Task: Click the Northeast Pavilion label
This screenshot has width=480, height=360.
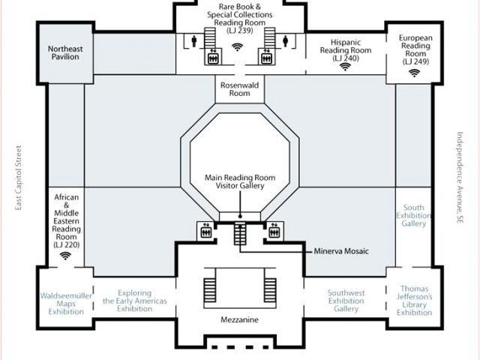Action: point(65,52)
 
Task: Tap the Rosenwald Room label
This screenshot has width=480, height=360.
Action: point(240,89)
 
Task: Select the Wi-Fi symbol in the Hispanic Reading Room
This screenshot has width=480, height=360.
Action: point(345,67)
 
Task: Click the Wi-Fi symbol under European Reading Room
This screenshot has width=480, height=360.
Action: point(415,73)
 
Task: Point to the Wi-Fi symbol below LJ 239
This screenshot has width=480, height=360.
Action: point(237,46)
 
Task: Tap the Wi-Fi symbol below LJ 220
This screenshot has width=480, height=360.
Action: point(65,256)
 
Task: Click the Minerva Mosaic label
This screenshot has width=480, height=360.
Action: point(341,251)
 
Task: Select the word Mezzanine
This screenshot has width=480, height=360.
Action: point(239,320)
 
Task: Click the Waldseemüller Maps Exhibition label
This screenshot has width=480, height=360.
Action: point(66,304)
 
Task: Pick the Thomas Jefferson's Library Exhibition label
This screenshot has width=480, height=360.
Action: point(415,301)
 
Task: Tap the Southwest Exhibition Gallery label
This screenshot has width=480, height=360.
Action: point(346,301)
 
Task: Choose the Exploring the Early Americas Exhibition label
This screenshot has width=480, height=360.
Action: point(135,301)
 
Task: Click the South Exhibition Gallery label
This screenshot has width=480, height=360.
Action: point(413,215)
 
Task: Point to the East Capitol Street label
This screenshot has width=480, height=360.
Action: point(19,178)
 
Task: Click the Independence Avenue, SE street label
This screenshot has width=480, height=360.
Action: point(460,178)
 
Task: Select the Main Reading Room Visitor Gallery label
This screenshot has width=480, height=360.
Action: point(240,181)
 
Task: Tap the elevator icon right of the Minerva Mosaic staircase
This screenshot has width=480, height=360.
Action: point(274,231)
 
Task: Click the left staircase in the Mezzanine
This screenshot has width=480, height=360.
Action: point(210,290)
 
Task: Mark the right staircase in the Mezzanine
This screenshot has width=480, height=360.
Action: point(270,290)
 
